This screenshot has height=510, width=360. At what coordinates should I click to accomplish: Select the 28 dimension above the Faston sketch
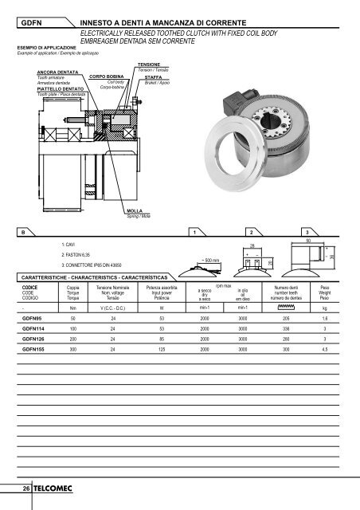click(274, 247)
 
